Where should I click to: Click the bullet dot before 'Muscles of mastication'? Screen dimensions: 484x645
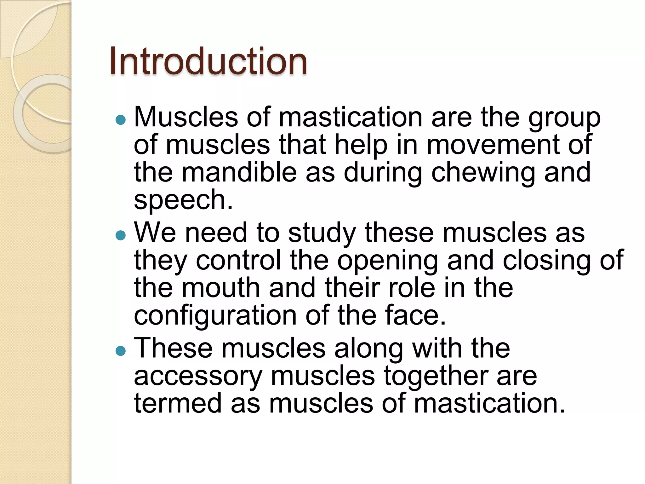click(121, 119)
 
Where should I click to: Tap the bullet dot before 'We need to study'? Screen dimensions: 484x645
click(121, 235)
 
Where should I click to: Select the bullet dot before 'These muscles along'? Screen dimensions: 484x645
click(121, 351)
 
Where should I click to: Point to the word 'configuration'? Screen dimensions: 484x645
click(215, 316)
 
